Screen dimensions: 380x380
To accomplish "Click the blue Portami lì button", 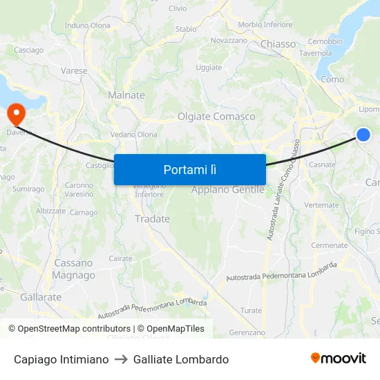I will pyautogui.click(x=189, y=169).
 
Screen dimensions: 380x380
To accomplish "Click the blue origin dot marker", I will pyautogui.click(x=363, y=135).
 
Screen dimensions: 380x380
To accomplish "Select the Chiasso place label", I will pyautogui.click(x=278, y=44).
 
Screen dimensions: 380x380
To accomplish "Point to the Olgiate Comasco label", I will pyautogui.click(x=216, y=117).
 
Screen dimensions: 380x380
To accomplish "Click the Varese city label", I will pyautogui.click(x=74, y=70).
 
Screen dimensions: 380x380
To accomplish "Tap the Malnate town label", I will pyautogui.click(x=126, y=95).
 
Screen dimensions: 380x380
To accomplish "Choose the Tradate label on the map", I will pyautogui.click(x=152, y=219).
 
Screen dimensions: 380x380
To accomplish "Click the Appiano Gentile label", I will pyautogui.click(x=227, y=189).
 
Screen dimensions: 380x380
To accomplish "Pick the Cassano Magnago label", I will pyautogui.click(x=74, y=269).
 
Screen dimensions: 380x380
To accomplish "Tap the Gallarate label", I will pyautogui.click(x=41, y=297).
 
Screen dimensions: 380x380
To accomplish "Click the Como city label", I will pyautogui.click(x=332, y=79).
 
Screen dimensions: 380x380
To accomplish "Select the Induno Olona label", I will pyautogui.click(x=87, y=26).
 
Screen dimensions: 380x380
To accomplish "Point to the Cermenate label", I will pyautogui.click(x=329, y=245).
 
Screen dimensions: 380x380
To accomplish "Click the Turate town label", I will pyautogui.click(x=251, y=311).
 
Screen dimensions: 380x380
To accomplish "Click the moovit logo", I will pyautogui.click(x=338, y=359).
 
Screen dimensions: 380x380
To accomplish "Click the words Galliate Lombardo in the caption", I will pyautogui.click(x=181, y=359).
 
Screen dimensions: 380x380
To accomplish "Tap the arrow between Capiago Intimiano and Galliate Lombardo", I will pyautogui.click(x=121, y=359).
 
